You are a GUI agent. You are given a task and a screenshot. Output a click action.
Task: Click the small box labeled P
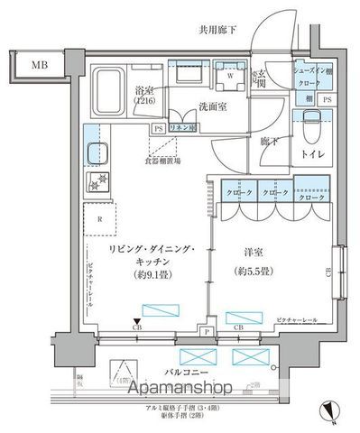click(207, 331)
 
